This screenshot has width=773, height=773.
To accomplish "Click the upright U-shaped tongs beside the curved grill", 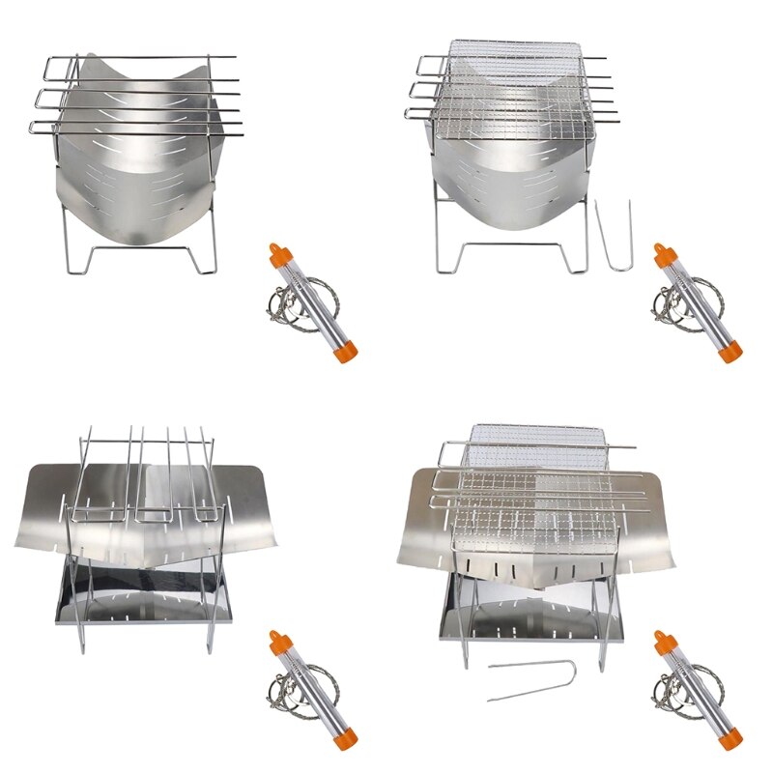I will point(614,232).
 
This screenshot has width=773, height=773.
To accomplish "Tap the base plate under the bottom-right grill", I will point(531,614).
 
